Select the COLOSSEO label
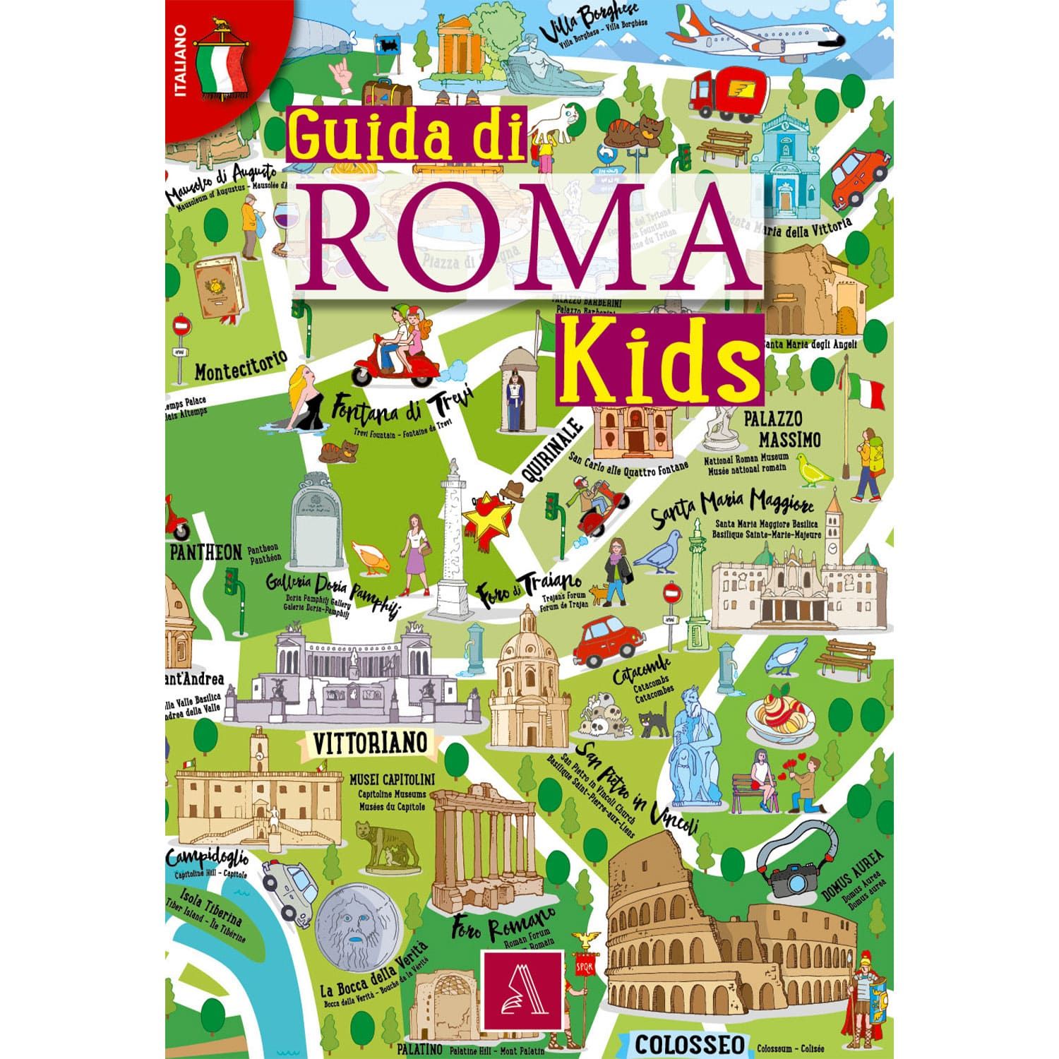click(x=688, y=1043)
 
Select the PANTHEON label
click(x=205, y=552)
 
